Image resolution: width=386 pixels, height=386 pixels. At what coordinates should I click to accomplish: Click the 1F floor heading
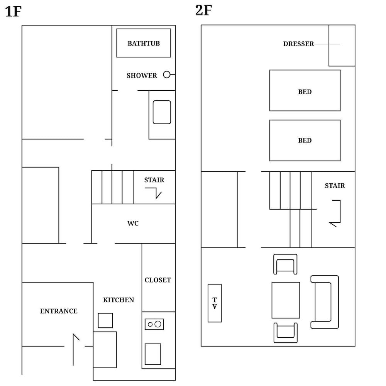[13, 12]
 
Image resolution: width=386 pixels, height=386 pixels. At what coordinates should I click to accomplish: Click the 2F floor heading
[203, 10]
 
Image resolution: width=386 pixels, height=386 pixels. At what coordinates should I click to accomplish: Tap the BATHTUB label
[144, 43]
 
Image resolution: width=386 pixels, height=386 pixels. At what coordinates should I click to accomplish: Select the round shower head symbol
[167, 74]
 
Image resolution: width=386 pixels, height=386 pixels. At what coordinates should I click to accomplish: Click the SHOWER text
[142, 76]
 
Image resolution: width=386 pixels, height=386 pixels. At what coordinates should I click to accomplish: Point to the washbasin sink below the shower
[162, 112]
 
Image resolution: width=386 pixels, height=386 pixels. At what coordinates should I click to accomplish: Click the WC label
[133, 223]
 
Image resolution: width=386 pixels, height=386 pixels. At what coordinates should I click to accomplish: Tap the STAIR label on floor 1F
[154, 180]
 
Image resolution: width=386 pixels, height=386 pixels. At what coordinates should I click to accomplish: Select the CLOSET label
[157, 280]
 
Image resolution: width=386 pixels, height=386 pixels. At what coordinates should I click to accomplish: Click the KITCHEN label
[119, 300]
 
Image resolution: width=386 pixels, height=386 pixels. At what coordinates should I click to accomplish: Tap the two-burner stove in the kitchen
[154, 324]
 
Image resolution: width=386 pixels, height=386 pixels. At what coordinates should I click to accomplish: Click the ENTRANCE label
[59, 311]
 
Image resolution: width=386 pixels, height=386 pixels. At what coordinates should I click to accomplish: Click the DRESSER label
[298, 44]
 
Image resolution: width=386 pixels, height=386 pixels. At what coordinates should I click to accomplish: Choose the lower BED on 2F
[305, 140]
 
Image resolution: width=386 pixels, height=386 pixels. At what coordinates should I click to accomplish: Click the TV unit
[215, 303]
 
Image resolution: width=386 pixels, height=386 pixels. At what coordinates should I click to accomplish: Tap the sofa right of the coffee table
[325, 302]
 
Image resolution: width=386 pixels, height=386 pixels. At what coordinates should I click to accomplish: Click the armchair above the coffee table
[286, 264]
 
